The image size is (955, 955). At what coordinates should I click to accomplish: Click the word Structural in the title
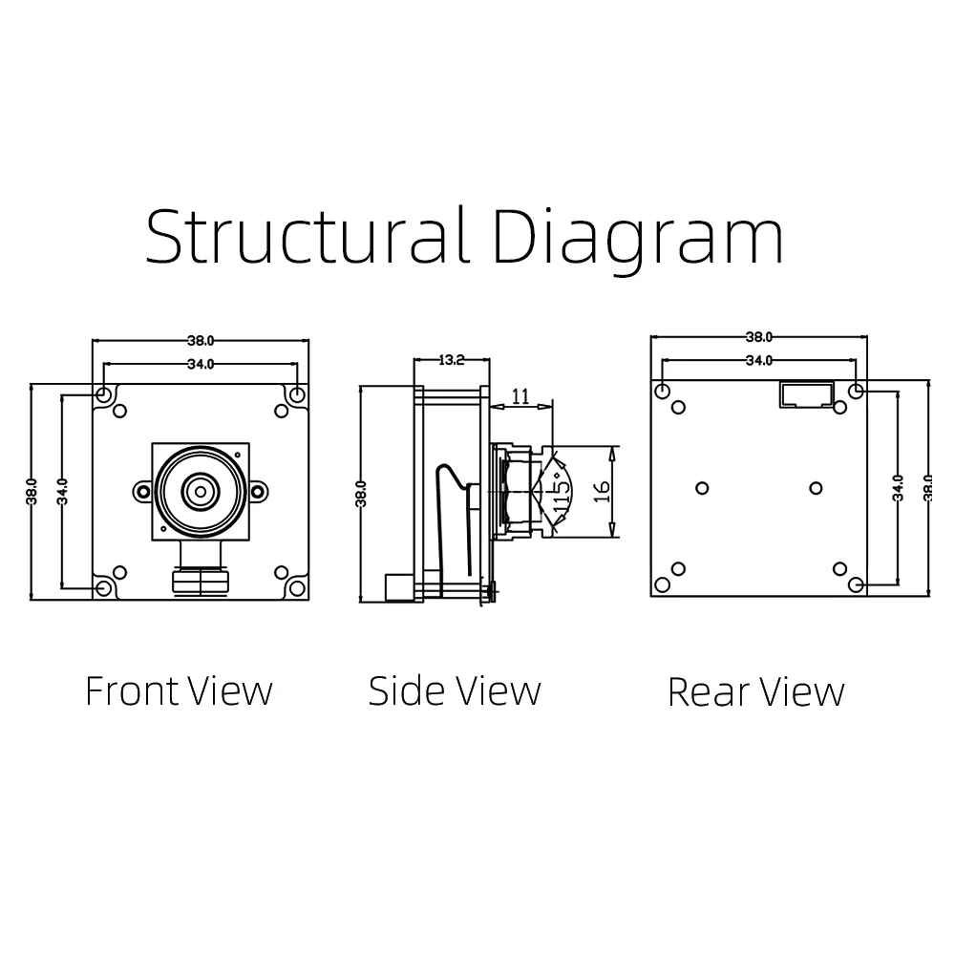coord(308,235)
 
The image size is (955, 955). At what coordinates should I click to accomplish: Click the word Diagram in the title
coord(638,239)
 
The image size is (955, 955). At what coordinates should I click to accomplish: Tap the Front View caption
coord(180,691)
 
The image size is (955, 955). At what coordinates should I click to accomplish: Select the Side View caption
coord(455,691)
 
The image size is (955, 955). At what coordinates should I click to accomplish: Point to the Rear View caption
coord(755,691)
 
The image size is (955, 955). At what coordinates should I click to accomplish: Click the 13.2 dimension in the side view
coord(452,360)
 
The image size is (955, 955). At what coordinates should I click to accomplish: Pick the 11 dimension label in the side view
coord(520,396)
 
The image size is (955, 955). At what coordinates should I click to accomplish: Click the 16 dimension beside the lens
coord(601,492)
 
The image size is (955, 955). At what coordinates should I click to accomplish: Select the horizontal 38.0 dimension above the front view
coord(201,341)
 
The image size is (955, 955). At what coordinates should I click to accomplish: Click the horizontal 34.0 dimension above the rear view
coord(759,361)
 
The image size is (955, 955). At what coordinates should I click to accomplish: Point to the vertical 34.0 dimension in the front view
coord(62,492)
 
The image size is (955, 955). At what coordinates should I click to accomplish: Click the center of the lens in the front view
coord(201,490)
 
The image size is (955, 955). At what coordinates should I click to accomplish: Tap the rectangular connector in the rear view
coord(807,394)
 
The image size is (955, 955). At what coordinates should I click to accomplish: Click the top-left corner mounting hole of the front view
coord(104,394)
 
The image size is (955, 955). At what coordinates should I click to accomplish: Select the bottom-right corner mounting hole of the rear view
coord(856,584)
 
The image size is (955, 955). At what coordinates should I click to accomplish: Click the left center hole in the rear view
coord(702,488)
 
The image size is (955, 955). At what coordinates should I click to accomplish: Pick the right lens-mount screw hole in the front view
coord(258,491)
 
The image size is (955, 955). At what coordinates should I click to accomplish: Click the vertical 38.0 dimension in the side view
coord(361,494)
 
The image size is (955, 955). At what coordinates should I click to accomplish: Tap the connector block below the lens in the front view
coord(201,581)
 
